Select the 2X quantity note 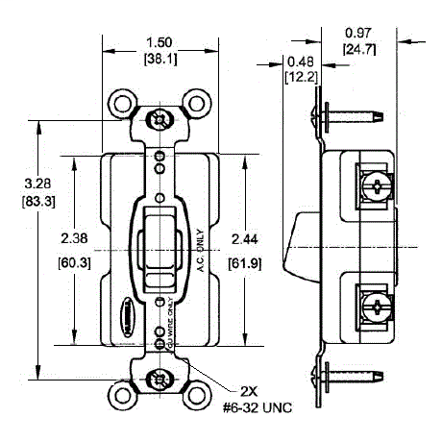click(249, 392)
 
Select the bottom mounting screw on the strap click(158, 380)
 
